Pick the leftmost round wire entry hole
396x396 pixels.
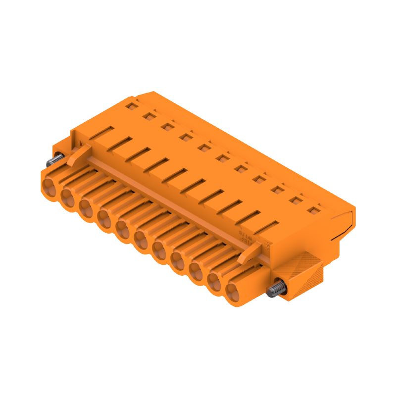49,188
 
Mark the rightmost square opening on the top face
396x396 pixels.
312,210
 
